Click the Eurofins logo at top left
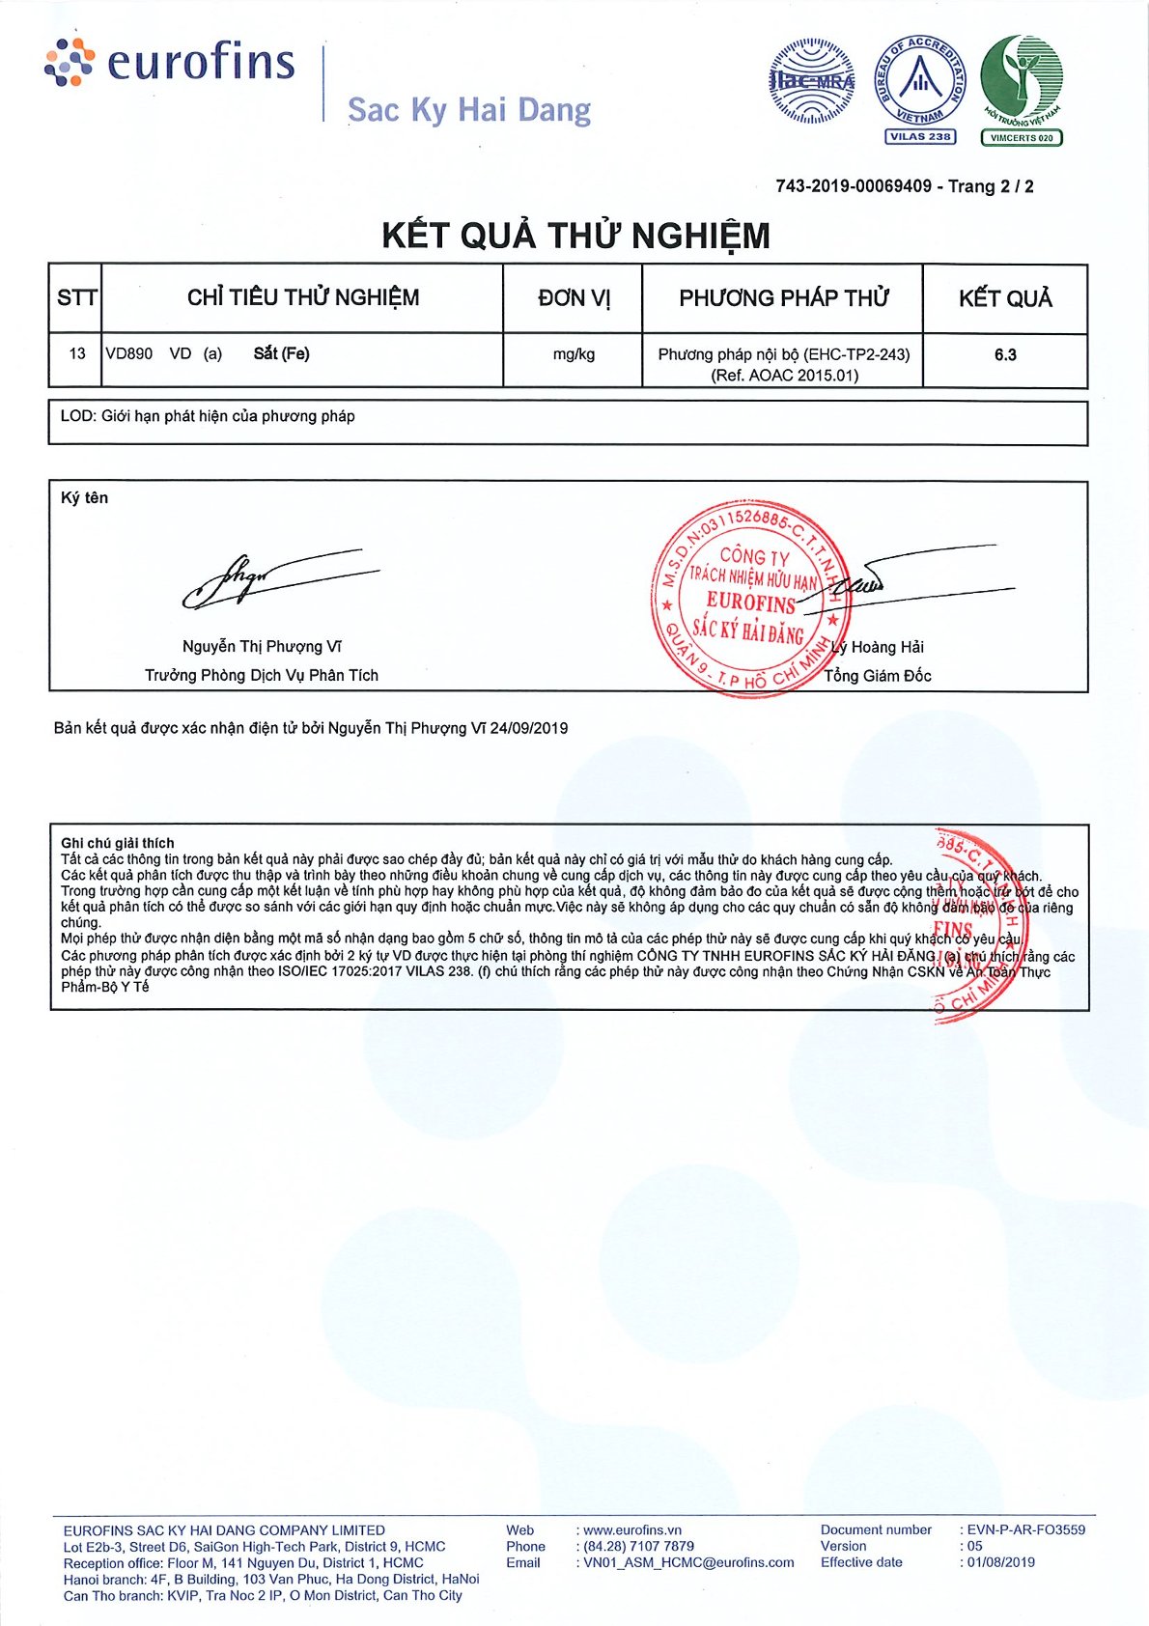[170, 62]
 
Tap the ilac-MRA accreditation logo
[811, 81]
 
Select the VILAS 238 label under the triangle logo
[919, 137]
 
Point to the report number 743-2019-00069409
[854, 186]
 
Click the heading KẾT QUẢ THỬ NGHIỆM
[575, 236]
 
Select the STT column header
[76, 297]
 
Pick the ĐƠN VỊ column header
[574, 298]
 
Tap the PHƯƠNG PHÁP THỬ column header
[783, 298]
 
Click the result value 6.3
[1005, 355]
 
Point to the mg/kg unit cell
[574, 354]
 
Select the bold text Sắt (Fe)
[281, 353]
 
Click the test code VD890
[129, 353]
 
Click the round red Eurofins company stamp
[750, 596]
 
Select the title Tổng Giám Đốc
[877, 676]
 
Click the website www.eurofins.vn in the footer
[632, 1529]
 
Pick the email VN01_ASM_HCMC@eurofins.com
[688, 1562]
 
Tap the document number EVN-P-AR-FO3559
[1026, 1529]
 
